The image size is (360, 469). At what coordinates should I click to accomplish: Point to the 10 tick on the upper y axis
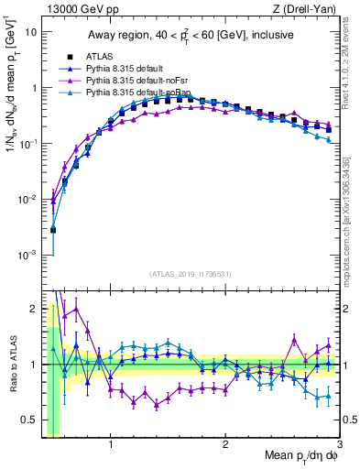[x=30, y=32]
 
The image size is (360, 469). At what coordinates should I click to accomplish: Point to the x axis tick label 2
[x=225, y=448]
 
